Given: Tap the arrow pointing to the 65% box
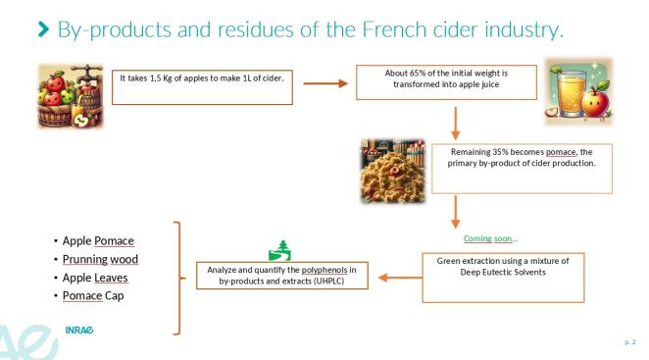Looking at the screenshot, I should pos(326,83).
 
